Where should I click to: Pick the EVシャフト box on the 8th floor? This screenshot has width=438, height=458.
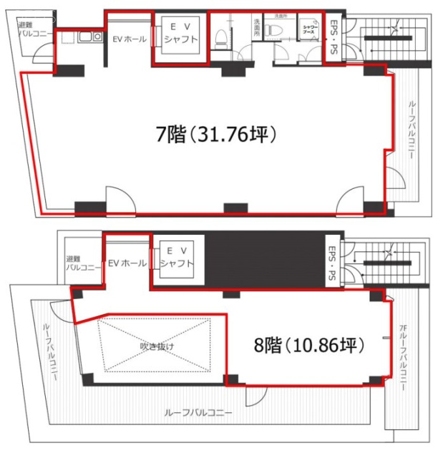coord(176,258)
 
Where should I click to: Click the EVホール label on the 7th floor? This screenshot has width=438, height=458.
coord(129,39)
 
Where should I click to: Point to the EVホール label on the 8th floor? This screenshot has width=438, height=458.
coord(127,263)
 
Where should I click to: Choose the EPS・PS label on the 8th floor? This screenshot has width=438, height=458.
coord(332,263)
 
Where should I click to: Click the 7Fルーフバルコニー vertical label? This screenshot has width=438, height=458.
coord(402,358)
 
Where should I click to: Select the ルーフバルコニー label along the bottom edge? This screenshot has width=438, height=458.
coord(198,412)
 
